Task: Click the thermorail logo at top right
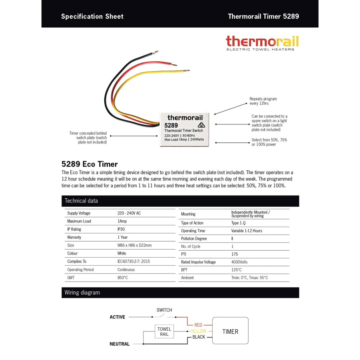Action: (x=262, y=43)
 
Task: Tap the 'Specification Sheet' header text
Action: (x=92, y=17)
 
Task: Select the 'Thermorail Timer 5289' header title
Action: (x=263, y=17)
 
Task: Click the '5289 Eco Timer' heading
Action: (x=89, y=164)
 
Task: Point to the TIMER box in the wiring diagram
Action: (x=230, y=331)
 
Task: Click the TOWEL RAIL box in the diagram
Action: (x=164, y=332)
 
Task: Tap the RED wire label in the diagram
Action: (x=198, y=325)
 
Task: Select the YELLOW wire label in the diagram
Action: (x=199, y=331)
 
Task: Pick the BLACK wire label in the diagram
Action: (x=199, y=337)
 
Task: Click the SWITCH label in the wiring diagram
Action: (x=164, y=310)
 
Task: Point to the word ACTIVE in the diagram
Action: (x=117, y=317)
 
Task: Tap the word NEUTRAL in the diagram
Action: (x=120, y=344)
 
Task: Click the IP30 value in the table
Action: (x=122, y=229)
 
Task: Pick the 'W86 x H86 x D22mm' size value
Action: (x=134, y=245)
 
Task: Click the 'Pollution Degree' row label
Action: (x=194, y=239)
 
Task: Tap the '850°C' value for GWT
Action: (x=123, y=278)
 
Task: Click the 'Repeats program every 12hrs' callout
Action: (x=263, y=101)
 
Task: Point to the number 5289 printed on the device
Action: (x=171, y=125)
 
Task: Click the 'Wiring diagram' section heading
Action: (x=82, y=292)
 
